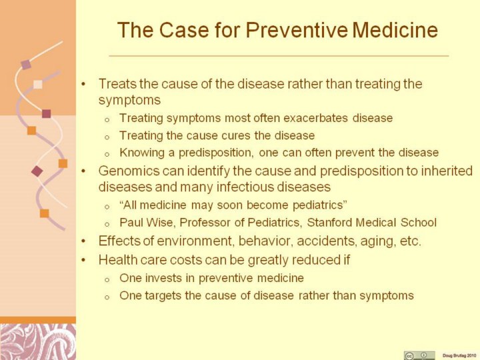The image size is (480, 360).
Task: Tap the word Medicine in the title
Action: coord(395,30)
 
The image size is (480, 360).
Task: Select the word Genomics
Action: coord(129,171)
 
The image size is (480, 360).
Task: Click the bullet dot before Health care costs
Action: coord(83,260)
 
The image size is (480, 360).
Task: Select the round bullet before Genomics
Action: coord(83,171)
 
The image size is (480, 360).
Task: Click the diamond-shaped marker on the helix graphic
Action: coord(37,171)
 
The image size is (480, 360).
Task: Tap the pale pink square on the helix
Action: coord(37,84)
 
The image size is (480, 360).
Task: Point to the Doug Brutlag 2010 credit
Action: coord(459,355)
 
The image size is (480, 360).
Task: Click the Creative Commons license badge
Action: coord(419,355)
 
